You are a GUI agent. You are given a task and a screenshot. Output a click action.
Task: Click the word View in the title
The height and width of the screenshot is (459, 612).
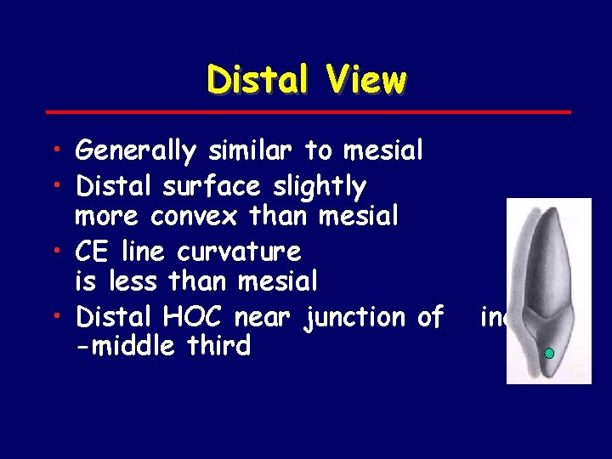364,81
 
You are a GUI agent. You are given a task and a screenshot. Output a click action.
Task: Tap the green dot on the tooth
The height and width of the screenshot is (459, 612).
549,353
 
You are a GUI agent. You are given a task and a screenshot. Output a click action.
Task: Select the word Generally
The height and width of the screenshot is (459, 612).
135,152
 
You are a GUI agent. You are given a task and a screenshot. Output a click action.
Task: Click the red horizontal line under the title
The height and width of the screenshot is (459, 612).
306,111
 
